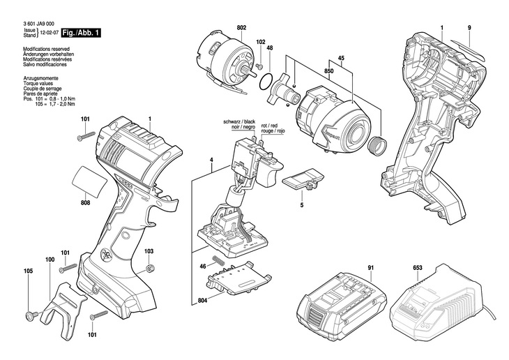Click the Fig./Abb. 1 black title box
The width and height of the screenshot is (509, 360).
click(x=81, y=33)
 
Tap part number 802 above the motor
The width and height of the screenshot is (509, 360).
click(x=241, y=28)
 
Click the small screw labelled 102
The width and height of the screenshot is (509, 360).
click(x=259, y=66)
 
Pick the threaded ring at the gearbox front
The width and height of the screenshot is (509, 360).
click(x=377, y=144)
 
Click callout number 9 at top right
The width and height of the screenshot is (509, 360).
click(x=469, y=28)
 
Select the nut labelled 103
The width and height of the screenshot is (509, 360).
click(x=149, y=269)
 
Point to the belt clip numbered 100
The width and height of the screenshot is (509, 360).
click(x=63, y=308)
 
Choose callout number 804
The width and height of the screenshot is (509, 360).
click(x=202, y=301)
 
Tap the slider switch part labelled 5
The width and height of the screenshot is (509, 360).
click(x=303, y=179)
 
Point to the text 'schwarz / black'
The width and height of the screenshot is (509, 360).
click(x=240, y=121)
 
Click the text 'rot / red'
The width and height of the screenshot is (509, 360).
click(x=269, y=126)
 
